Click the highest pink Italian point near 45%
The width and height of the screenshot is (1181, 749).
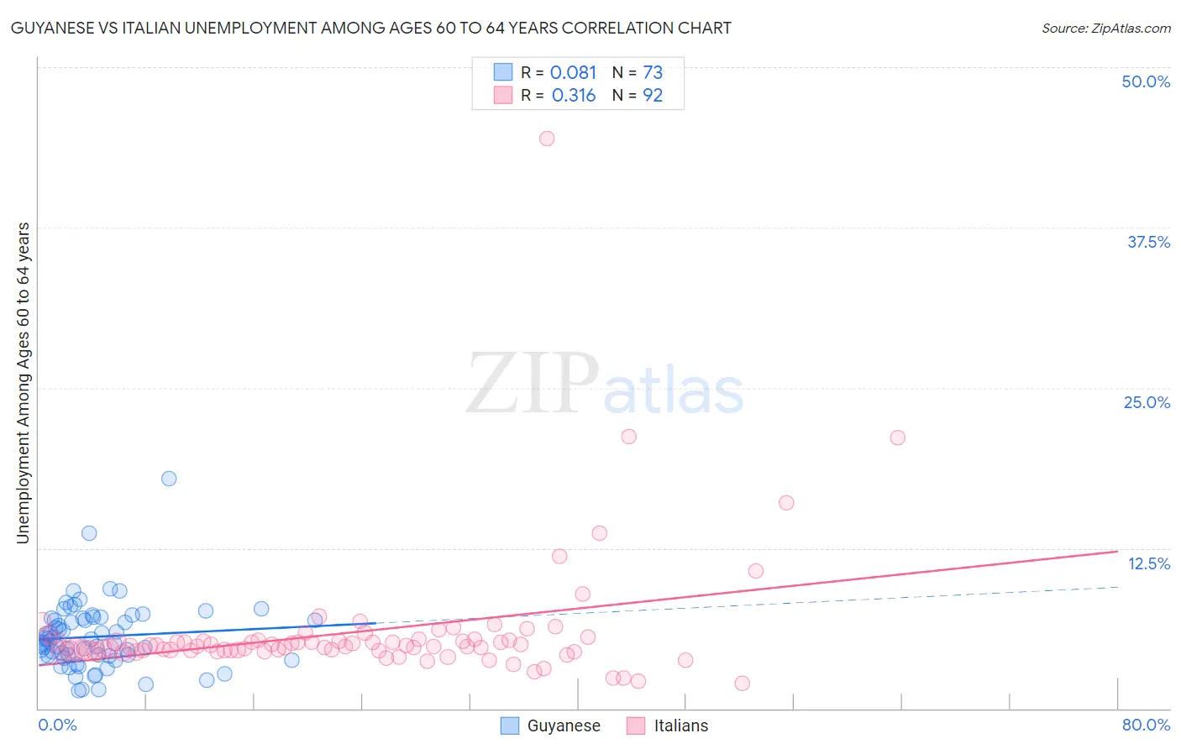coord(547,139)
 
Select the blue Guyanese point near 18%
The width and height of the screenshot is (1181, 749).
coord(169,479)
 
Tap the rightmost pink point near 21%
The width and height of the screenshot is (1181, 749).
coord(897,437)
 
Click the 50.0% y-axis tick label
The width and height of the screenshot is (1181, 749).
coord(1146,81)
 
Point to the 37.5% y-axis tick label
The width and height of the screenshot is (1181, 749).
coord(1148,242)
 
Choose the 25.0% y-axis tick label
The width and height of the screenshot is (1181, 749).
coord(1147,402)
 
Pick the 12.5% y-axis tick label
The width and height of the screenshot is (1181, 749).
coord(1148,563)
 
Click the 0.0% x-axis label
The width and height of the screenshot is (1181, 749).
coord(57,725)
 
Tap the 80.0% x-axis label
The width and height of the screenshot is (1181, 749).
coord(1146,725)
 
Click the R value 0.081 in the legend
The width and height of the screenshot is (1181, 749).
coord(573,73)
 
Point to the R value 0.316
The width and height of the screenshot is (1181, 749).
coord(573,96)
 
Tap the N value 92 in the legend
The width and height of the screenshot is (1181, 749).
coord(653,96)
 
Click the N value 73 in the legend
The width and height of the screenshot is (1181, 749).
coord(653,73)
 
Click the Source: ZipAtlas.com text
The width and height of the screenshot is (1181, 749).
coord(1105,28)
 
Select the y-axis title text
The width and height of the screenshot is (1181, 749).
coord(23,383)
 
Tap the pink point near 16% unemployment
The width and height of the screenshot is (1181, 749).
coord(786,503)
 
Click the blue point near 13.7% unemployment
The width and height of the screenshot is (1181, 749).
coord(89,533)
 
